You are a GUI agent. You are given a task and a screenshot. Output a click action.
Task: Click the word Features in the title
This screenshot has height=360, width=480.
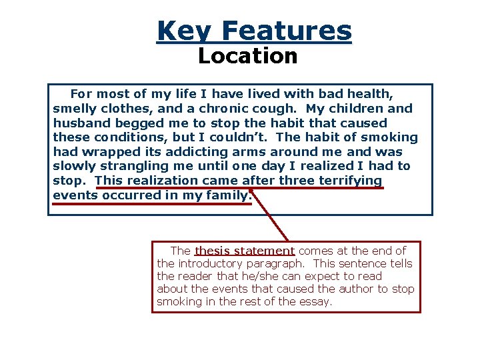pyautogui.click(x=287, y=31)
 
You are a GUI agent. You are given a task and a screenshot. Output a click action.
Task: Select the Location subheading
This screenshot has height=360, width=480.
pyautogui.click(x=248, y=56)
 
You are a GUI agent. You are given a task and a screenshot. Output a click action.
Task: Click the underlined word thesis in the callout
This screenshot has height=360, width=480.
pyautogui.click(x=212, y=251)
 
